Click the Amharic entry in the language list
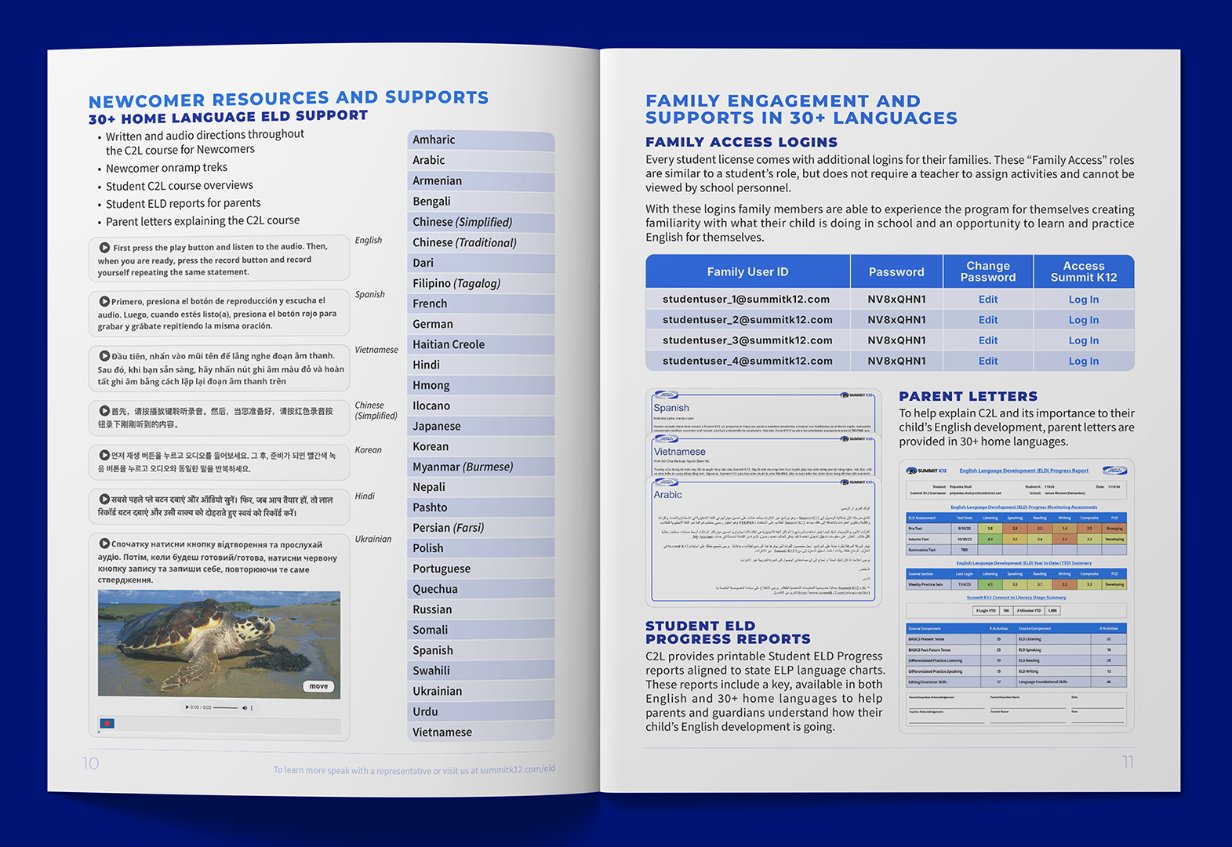click(x=434, y=140)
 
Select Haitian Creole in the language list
click(x=449, y=344)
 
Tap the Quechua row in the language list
click(x=435, y=589)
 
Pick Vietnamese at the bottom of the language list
click(x=442, y=732)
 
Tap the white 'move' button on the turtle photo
click(x=318, y=686)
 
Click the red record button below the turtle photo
click(x=107, y=723)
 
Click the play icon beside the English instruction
click(x=104, y=247)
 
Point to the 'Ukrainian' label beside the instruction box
click(x=373, y=539)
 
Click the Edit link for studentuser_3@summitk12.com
click(x=988, y=340)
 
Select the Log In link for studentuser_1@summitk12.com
click(x=1083, y=300)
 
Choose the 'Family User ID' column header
click(x=747, y=272)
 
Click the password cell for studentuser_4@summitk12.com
click(x=896, y=361)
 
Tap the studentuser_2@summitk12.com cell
click(x=747, y=320)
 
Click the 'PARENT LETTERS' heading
click(x=968, y=396)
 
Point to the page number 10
click(x=91, y=763)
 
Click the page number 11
click(x=1128, y=762)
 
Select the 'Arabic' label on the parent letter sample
click(x=668, y=495)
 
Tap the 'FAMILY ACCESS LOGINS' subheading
click(x=741, y=142)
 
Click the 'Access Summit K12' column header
click(x=1083, y=271)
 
